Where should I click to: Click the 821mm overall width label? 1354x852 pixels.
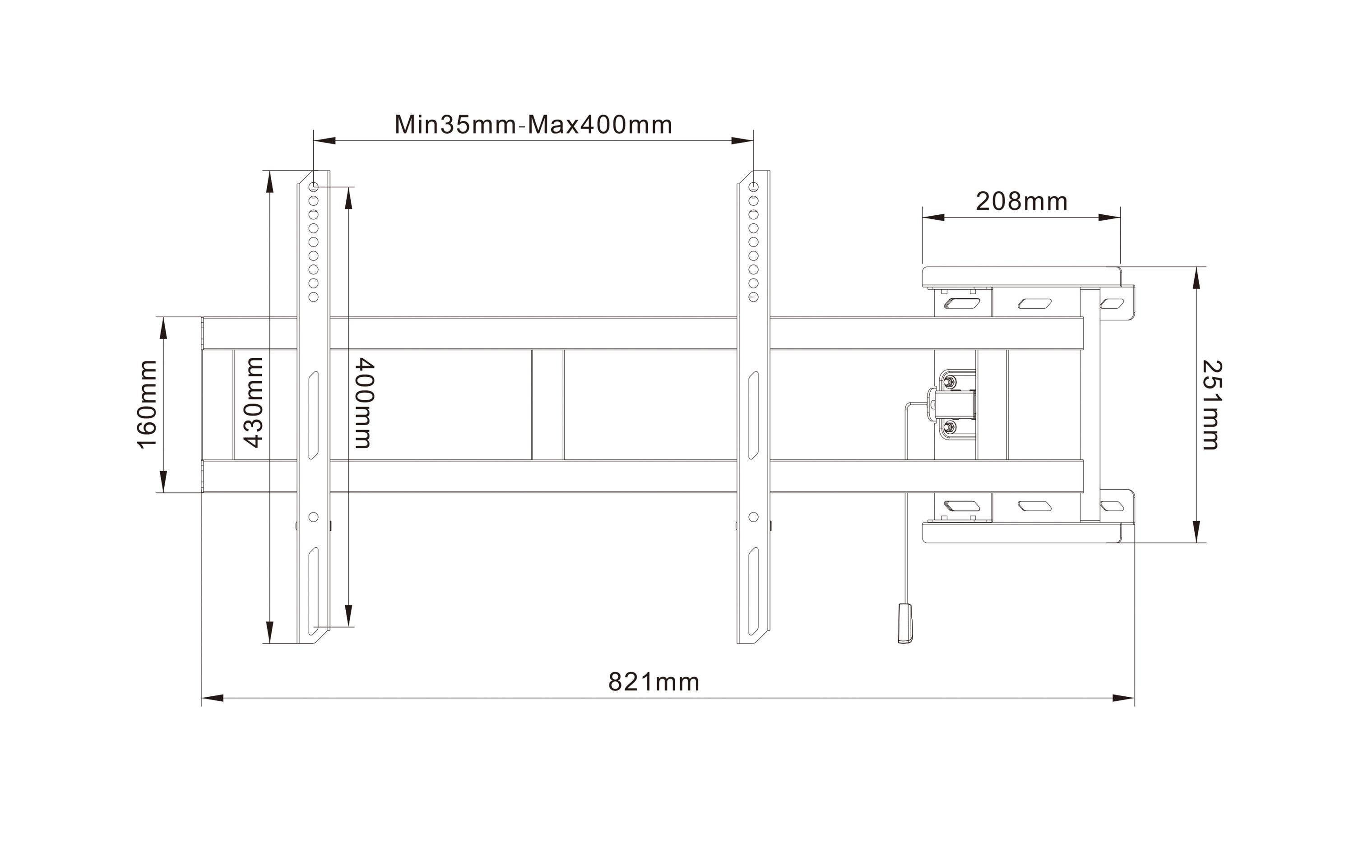point(654,682)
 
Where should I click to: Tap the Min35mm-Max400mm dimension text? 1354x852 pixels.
point(533,125)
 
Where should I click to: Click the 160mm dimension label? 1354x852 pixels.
point(147,404)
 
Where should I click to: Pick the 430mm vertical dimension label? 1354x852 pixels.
point(254,403)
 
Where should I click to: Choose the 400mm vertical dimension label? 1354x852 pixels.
point(364,403)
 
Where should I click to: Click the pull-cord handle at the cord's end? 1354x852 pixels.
point(905,623)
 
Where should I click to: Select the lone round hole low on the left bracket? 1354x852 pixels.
point(314,517)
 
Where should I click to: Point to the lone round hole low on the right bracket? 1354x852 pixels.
point(753,517)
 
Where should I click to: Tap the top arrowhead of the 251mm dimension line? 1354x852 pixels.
point(1196,278)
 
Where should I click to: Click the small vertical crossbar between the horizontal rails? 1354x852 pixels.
point(547,404)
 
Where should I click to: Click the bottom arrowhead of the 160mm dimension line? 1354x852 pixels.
point(164,482)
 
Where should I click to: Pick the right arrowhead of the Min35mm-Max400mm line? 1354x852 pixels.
point(742,141)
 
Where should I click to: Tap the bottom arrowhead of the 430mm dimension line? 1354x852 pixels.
point(270,632)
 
